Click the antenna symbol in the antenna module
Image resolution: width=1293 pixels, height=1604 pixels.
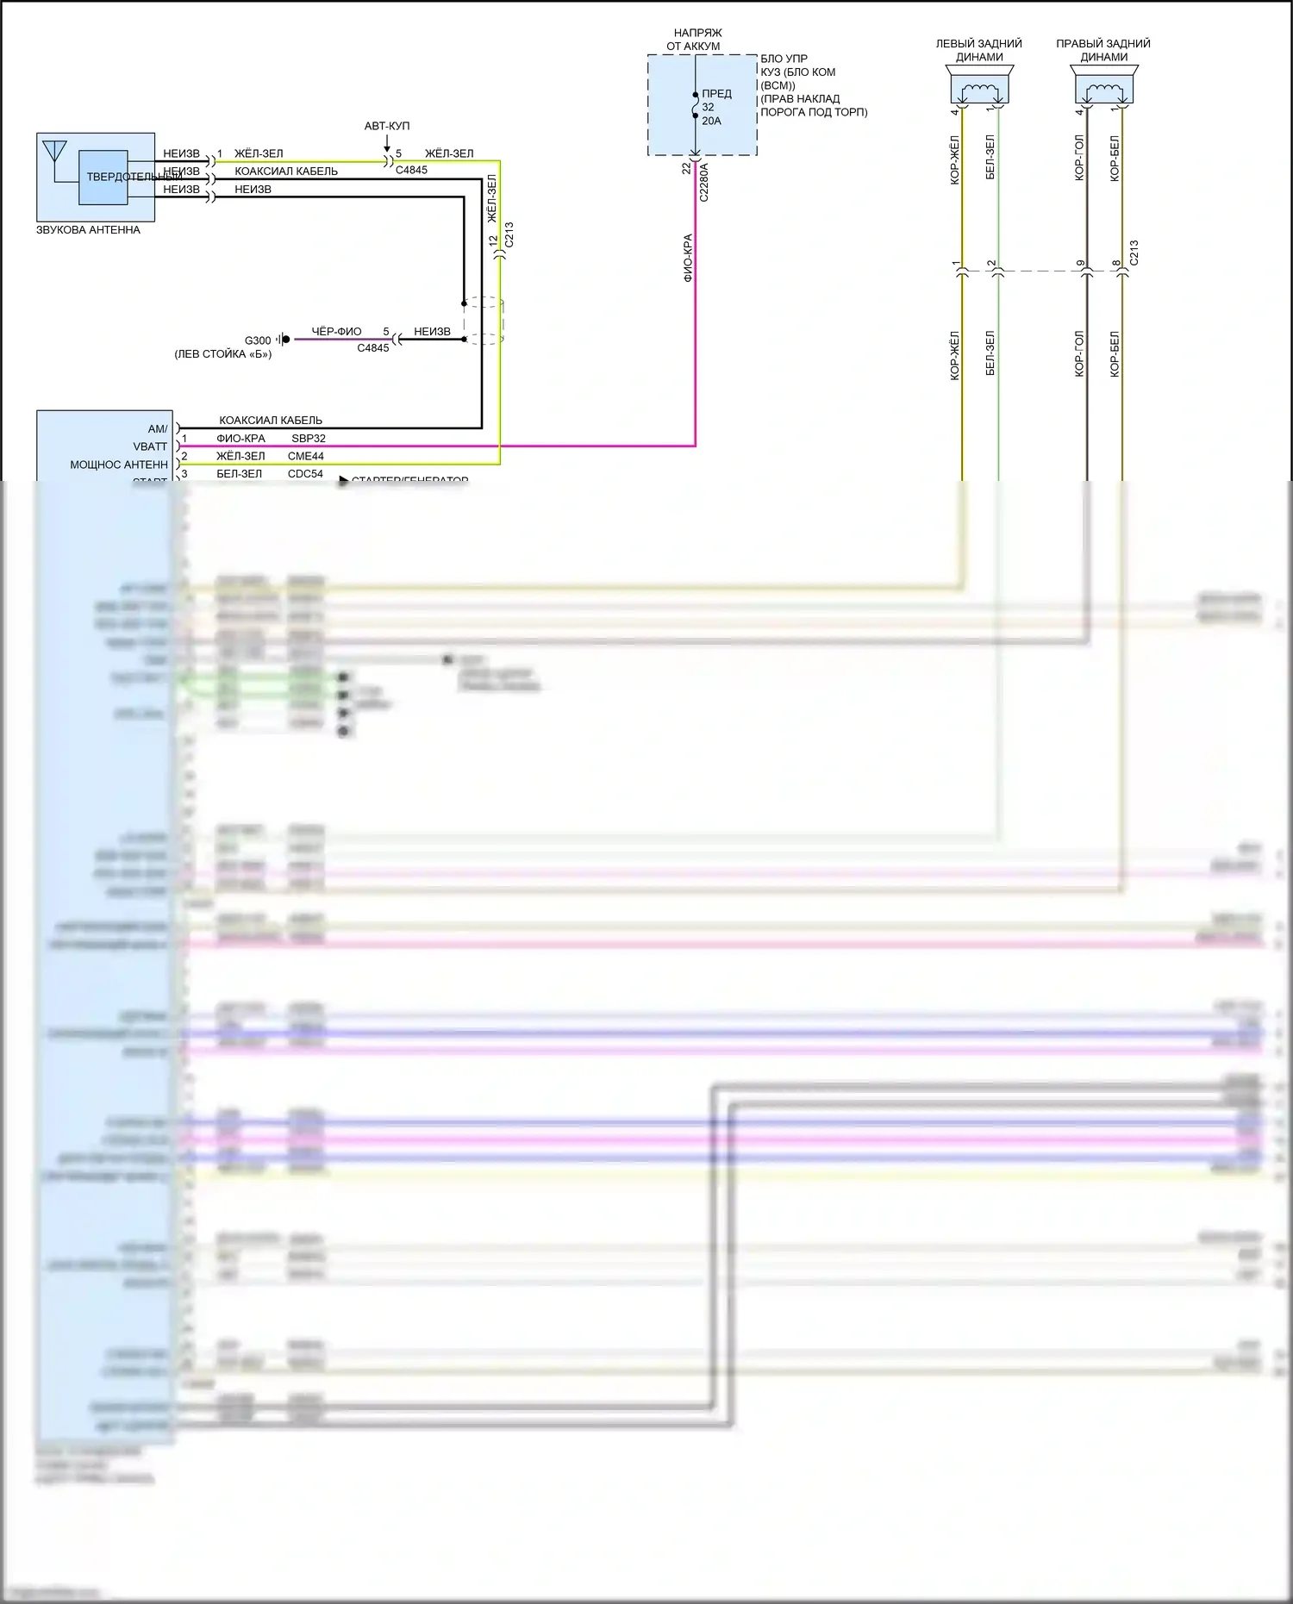(54, 151)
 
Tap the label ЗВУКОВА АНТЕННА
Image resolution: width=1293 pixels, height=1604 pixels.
(88, 230)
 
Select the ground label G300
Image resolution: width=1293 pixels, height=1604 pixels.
(257, 340)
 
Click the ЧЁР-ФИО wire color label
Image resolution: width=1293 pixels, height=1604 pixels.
(336, 332)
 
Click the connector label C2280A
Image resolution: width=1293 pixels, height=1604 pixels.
(704, 182)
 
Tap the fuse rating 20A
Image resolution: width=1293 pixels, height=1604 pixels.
(711, 121)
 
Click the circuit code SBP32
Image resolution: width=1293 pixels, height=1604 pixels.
(308, 439)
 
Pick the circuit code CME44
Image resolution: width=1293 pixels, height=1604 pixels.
(306, 456)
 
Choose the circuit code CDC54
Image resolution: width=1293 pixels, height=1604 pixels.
(305, 474)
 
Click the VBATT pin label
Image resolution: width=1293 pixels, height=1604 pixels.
(150, 446)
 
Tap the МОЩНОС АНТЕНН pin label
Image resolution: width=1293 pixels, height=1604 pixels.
(119, 465)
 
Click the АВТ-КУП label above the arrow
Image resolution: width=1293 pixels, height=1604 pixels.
(387, 126)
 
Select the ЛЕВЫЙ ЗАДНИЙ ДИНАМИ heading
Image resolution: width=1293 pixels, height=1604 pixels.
(979, 50)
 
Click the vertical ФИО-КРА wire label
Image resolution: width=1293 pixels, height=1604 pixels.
(688, 258)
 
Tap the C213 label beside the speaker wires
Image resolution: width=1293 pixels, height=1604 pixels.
(1134, 253)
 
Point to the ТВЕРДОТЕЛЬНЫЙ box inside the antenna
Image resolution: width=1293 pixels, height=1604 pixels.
(103, 178)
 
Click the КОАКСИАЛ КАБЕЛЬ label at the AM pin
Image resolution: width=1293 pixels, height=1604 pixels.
(271, 421)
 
